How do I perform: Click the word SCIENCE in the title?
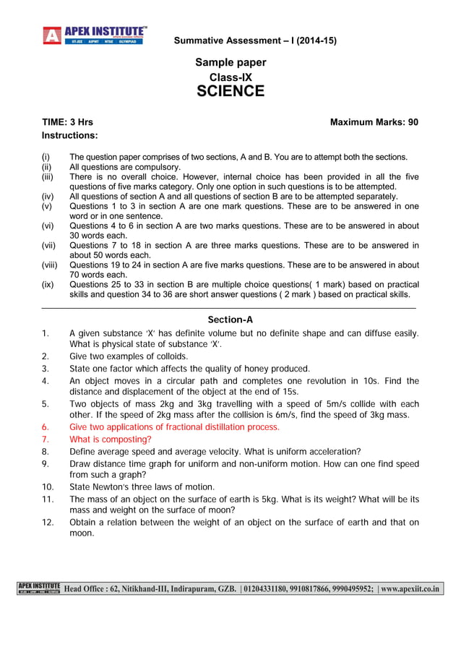click(x=231, y=91)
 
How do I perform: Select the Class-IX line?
click(x=231, y=77)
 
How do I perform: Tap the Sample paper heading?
click(x=231, y=63)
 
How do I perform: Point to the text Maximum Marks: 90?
click(x=374, y=122)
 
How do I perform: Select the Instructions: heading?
click(x=70, y=135)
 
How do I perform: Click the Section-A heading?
click(x=231, y=319)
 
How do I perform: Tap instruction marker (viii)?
click(x=51, y=265)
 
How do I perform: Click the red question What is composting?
click(x=111, y=439)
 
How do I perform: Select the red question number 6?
click(x=46, y=427)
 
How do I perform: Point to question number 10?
click(x=48, y=487)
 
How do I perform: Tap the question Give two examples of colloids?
click(x=129, y=356)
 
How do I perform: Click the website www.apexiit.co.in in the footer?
click(x=410, y=589)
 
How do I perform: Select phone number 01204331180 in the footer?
click(x=271, y=589)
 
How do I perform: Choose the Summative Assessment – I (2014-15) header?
click(x=255, y=40)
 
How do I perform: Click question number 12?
click(x=48, y=522)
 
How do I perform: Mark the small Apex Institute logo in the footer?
click(x=40, y=589)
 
